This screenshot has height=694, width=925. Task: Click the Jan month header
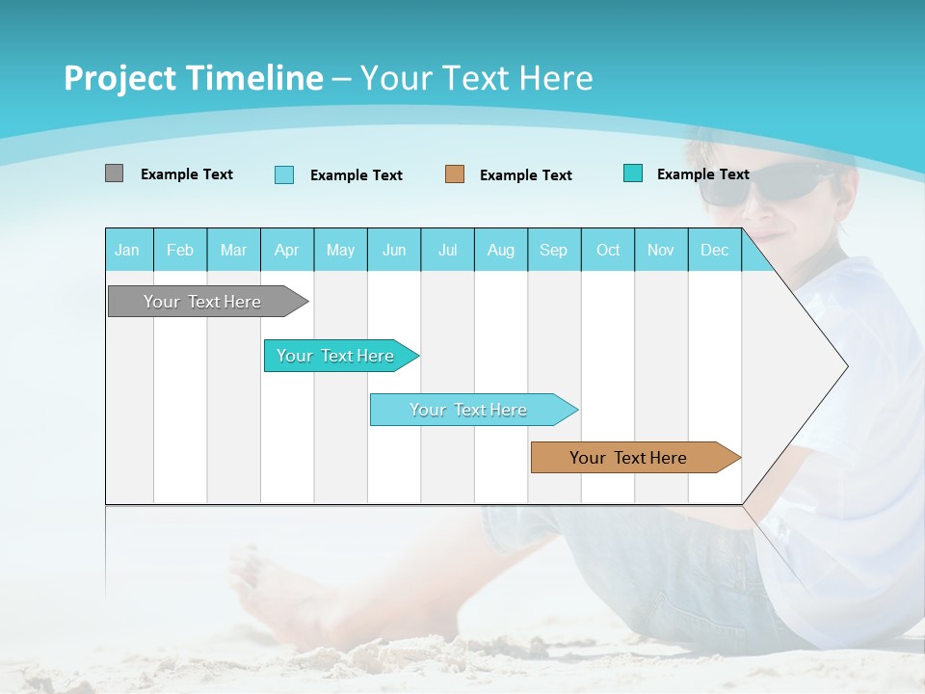click(x=127, y=250)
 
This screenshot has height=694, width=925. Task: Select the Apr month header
click(x=286, y=250)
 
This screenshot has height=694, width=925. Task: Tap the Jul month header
click(x=447, y=250)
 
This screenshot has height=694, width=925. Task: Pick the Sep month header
click(x=553, y=250)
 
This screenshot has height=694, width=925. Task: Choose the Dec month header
click(x=714, y=250)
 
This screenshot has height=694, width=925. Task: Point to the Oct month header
click(x=608, y=250)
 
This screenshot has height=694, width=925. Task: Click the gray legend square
click(x=114, y=173)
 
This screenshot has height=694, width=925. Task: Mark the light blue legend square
click(x=284, y=174)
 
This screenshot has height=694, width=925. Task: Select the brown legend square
click(x=455, y=173)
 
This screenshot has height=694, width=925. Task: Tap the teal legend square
click(x=633, y=173)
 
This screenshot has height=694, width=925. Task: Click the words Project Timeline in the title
click(x=194, y=78)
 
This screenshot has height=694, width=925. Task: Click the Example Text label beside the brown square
click(x=526, y=174)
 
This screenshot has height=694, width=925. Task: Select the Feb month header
click(x=180, y=250)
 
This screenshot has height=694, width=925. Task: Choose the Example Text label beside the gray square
click(x=187, y=174)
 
